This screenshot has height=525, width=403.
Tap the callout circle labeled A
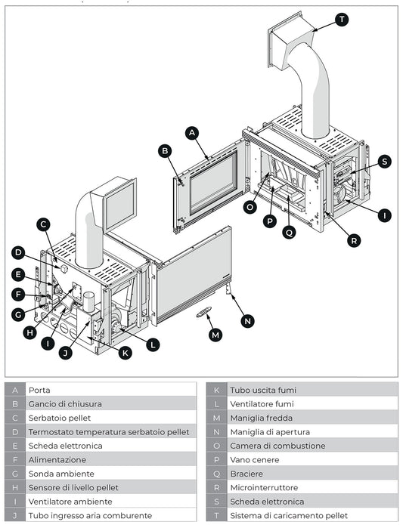192,132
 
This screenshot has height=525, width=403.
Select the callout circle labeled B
165,150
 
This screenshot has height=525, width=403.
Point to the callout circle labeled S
384,161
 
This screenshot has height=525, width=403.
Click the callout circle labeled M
216,334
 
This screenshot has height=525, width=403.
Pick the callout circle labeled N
247,320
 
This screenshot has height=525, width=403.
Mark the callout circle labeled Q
289,233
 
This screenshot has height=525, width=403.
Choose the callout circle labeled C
44,224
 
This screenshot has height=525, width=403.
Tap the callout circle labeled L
153,344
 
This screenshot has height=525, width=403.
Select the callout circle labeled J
66,352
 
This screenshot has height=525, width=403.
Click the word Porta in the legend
39,390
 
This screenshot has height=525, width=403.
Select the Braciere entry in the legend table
247,474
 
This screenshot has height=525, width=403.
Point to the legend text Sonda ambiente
60,474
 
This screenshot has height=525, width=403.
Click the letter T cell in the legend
216,515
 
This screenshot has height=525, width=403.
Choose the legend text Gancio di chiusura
65,404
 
